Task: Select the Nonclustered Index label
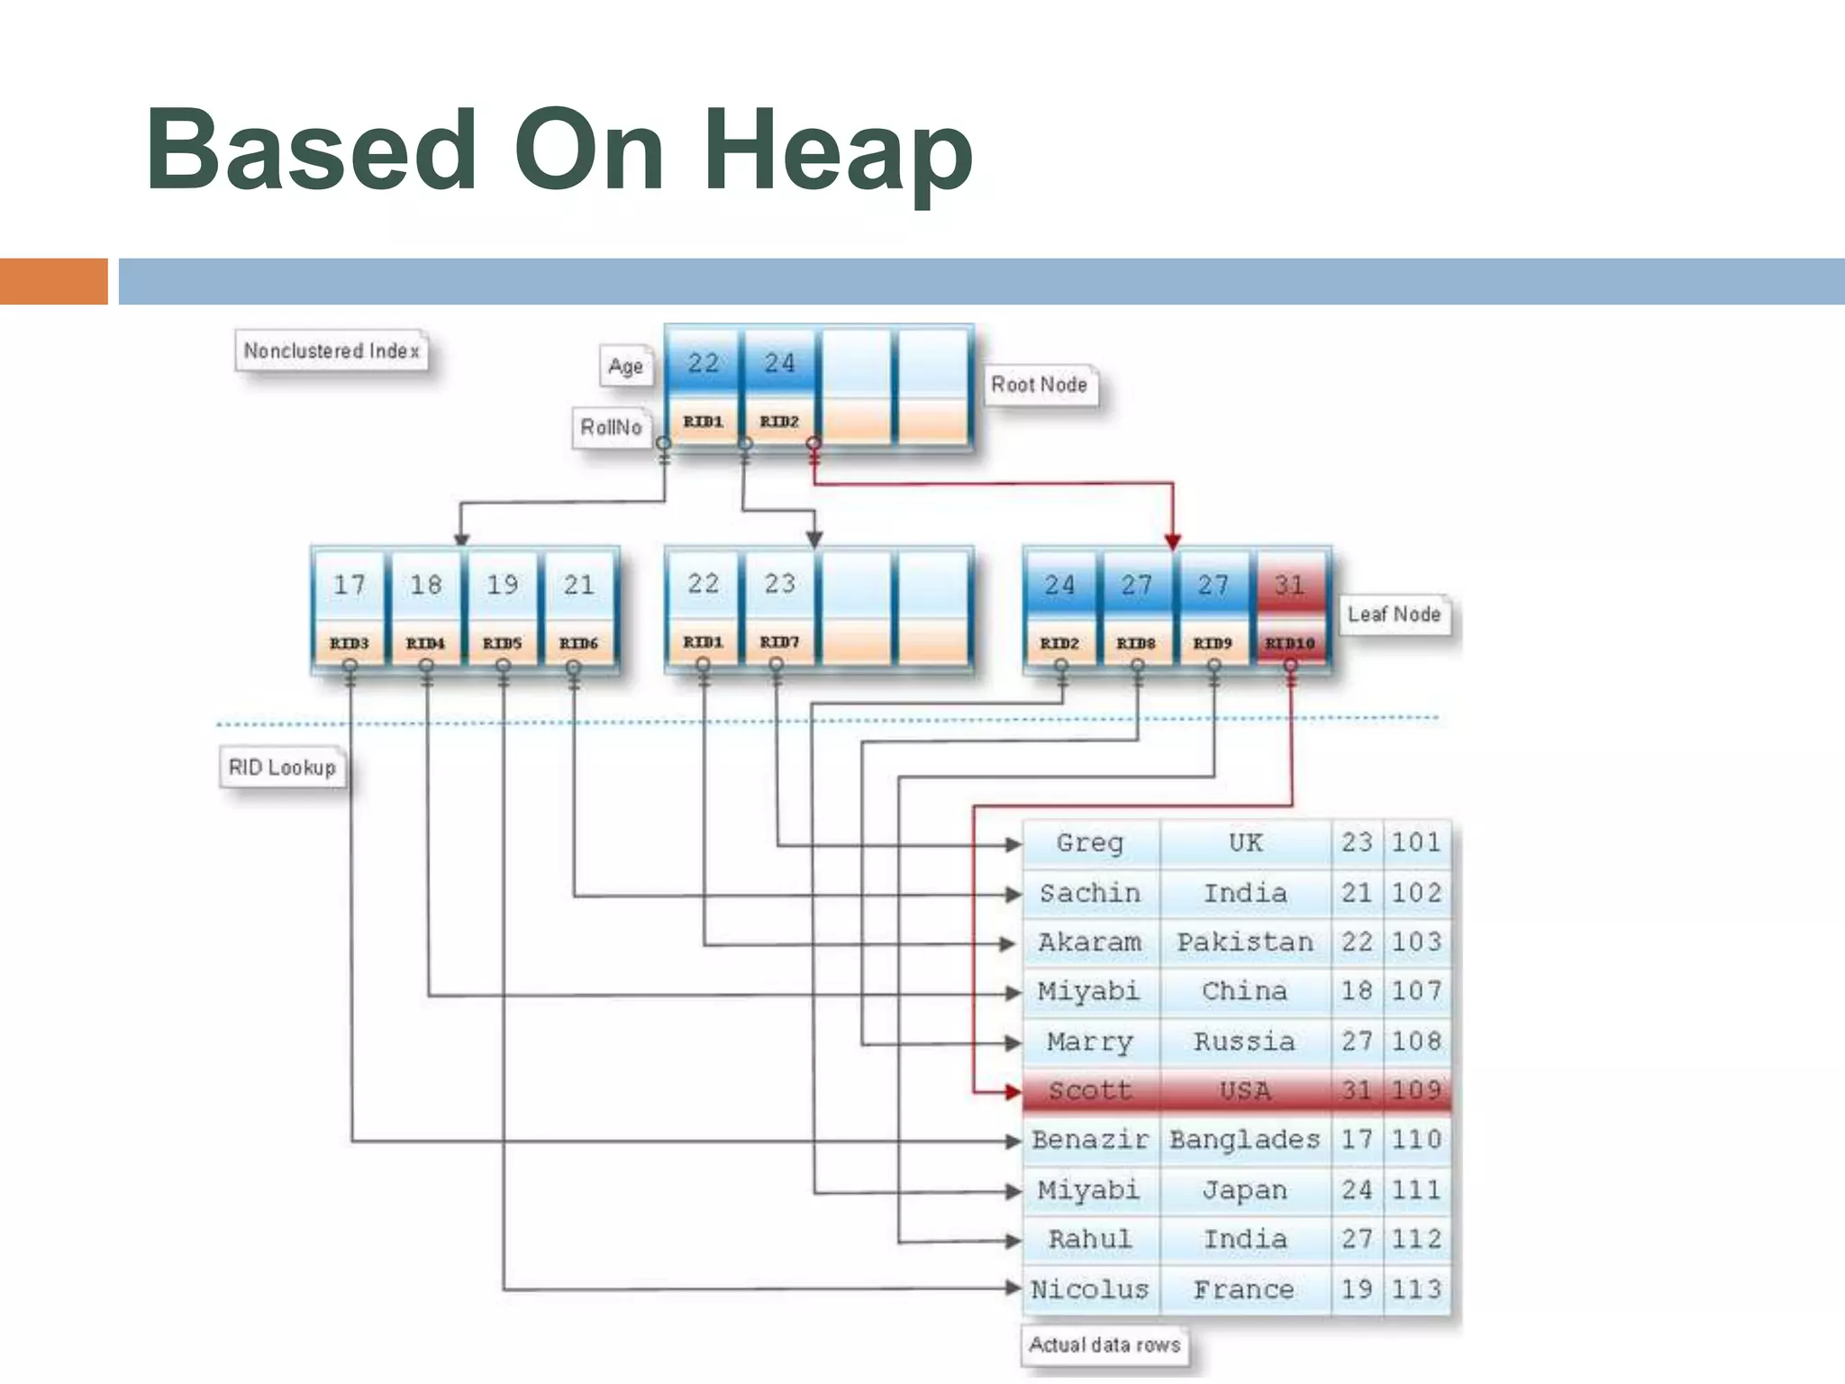[x=332, y=351]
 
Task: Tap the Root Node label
[x=1039, y=385]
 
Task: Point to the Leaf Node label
[x=1394, y=615]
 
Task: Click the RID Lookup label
[x=282, y=768]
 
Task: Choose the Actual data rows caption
[x=1104, y=1345]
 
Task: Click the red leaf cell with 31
[x=1289, y=586]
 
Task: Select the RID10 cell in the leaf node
[x=1289, y=643]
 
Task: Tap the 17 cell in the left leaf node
[x=350, y=586]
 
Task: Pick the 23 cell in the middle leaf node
[x=779, y=584]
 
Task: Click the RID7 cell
[x=779, y=642]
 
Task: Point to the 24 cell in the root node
[x=779, y=363]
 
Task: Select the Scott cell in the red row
[x=1090, y=1091]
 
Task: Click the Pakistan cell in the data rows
[x=1245, y=942]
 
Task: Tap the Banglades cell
[x=1245, y=1141]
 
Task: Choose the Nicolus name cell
[x=1090, y=1289]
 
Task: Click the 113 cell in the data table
[x=1416, y=1289]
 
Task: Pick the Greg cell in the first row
[x=1090, y=843]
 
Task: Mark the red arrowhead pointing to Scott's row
[x=1013, y=1092]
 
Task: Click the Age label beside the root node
[x=625, y=367]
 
